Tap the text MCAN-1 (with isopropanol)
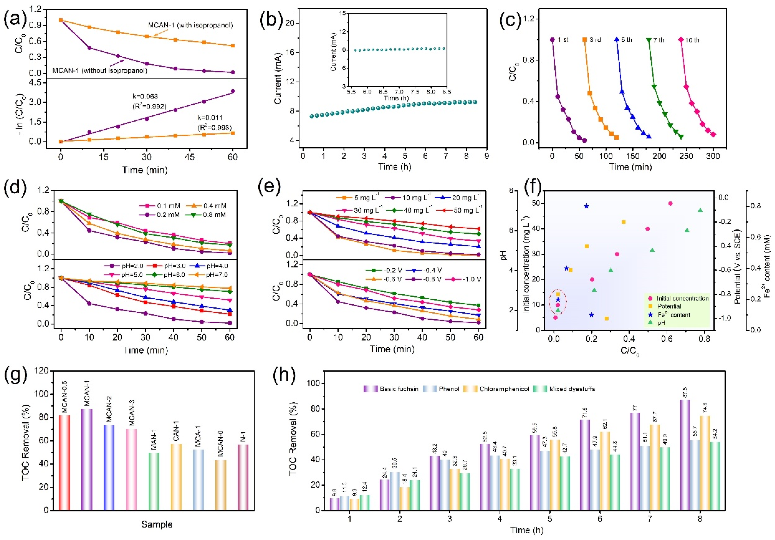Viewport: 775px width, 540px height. pyautogui.click(x=190, y=25)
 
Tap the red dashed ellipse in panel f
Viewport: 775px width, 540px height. pyautogui.click(x=558, y=301)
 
